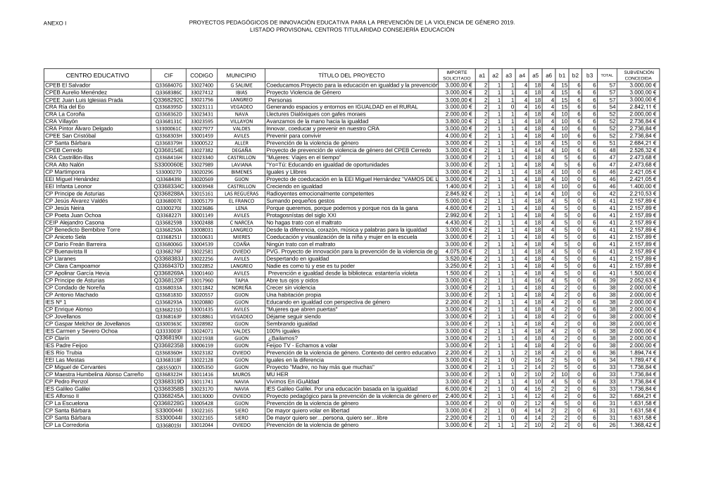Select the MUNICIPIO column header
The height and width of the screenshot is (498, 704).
tap(241, 75)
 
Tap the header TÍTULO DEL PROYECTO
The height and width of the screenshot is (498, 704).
tap(351, 75)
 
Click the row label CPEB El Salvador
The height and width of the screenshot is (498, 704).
tap(68, 85)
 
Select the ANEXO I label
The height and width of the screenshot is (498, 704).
tap(55, 23)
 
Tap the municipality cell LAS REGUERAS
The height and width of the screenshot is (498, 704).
tap(241, 194)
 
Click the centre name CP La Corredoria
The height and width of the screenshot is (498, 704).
tap(68, 425)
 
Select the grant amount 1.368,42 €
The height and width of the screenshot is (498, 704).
tap(642, 425)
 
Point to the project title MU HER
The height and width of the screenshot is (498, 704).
tap(277, 374)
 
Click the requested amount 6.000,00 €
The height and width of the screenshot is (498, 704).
tap(458, 389)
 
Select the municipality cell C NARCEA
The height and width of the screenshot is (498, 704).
tap(241, 223)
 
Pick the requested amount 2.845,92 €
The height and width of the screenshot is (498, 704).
tap(458, 194)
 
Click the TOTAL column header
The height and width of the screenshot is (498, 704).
tap(607, 75)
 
